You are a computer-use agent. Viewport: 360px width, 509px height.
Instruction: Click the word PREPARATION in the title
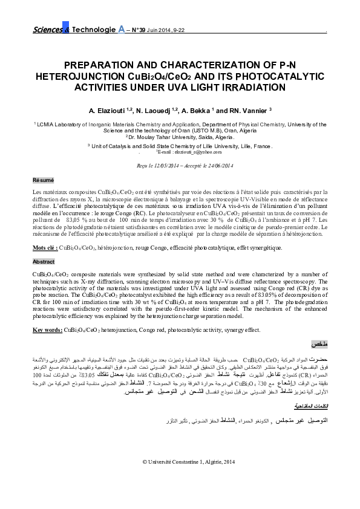(x=103, y=64)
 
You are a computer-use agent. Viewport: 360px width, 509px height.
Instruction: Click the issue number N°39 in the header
(x=142, y=29)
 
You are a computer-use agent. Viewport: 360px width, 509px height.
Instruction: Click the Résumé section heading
(x=43, y=180)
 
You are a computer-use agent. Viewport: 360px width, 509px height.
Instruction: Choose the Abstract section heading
(x=44, y=262)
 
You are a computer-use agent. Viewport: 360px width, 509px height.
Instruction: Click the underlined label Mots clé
(x=45, y=248)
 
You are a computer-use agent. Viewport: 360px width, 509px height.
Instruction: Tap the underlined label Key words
(x=47, y=329)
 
